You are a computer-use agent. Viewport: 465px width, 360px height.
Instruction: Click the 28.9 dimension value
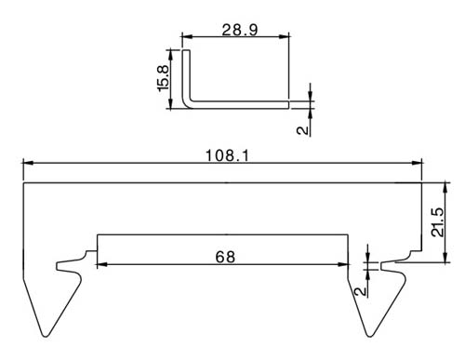(240, 30)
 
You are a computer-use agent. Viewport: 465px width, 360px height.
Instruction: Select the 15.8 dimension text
(163, 78)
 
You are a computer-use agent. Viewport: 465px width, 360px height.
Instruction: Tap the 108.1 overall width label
(227, 155)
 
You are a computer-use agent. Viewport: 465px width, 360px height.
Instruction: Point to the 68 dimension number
(225, 257)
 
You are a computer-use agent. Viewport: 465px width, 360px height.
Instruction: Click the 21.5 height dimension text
(438, 222)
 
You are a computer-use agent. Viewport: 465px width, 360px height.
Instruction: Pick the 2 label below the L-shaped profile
(303, 130)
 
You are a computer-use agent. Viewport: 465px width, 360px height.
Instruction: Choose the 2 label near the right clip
(360, 291)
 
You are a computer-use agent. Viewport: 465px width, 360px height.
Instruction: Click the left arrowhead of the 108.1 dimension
(28, 163)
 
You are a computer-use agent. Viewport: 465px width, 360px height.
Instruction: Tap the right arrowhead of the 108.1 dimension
(417, 163)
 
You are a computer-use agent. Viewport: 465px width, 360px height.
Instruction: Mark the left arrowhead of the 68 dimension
(102, 264)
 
